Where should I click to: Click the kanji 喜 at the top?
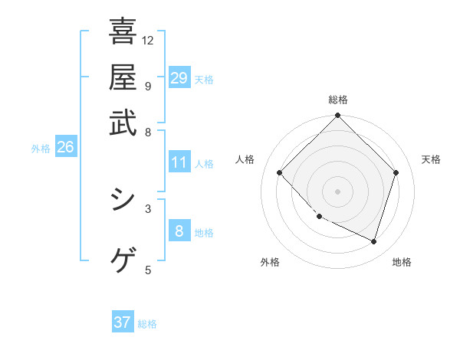(123, 32)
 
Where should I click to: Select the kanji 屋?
(123, 77)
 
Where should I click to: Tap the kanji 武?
(123, 123)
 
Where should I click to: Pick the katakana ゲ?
(123, 260)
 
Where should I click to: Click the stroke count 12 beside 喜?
(148, 40)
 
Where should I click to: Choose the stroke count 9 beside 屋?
(148, 86)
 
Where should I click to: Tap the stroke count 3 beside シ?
(148, 208)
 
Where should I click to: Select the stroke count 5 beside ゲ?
(148, 269)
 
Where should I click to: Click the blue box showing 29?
(179, 78)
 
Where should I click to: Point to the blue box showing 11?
(179, 162)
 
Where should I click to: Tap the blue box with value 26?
(65, 148)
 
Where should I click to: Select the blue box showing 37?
(123, 322)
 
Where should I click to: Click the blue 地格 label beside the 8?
(205, 233)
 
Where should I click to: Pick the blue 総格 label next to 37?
(147, 324)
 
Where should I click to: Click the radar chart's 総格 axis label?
(338, 100)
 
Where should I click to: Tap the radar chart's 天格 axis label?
(431, 159)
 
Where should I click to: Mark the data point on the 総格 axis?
(338, 116)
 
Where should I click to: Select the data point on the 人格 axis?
(280, 173)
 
